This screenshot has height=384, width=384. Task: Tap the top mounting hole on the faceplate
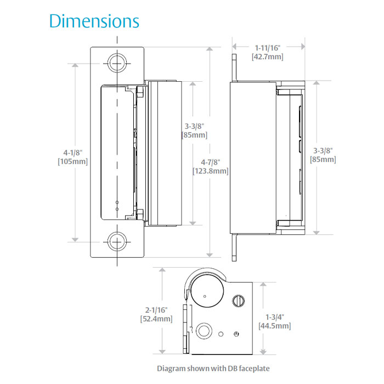click(116, 63)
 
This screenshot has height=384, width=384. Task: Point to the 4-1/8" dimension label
click(75, 153)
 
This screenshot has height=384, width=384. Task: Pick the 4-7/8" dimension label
click(210, 162)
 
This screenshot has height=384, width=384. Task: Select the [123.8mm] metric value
click(210, 171)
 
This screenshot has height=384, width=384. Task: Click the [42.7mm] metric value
click(269, 57)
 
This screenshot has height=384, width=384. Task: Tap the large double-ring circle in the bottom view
click(204, 330)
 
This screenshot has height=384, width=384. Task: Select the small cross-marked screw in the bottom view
click(236, 335)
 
